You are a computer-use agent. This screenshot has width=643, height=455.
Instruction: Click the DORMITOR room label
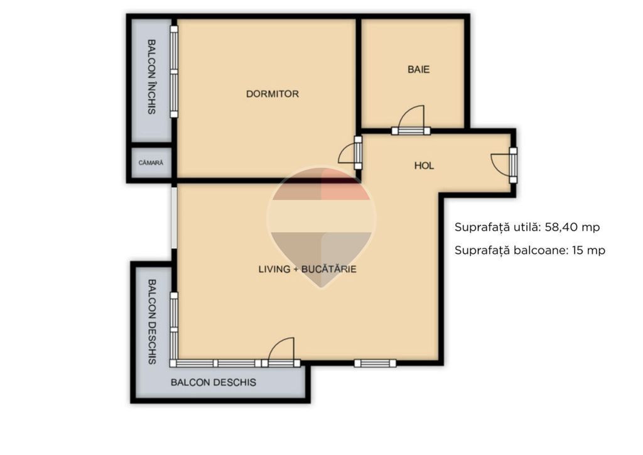[x=273, y=94]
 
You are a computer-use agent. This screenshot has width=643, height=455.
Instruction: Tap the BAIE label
[x=419, y=69]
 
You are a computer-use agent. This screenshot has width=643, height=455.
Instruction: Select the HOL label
[x=424, y=166]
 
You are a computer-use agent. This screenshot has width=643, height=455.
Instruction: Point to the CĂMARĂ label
[x=151, y=163]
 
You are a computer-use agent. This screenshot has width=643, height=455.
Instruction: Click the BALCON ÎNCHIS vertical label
[x=151, y=77]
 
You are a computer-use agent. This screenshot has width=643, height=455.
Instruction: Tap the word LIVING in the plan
[x=274, y=269]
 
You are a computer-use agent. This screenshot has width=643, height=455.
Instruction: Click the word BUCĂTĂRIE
[x=329, y=269]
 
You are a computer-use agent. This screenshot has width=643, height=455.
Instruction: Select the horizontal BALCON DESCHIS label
[x=213, y=382]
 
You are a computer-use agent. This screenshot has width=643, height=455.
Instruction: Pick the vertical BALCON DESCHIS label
[x=152, y=322]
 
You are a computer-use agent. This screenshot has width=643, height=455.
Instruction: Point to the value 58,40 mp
[x=572, y=227]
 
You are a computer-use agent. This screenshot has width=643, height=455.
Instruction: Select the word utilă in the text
[x=527, y=227]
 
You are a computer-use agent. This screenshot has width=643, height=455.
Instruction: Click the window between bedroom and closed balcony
[x=174, y=72]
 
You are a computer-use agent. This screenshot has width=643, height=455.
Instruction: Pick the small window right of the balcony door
[x=376, y=363]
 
